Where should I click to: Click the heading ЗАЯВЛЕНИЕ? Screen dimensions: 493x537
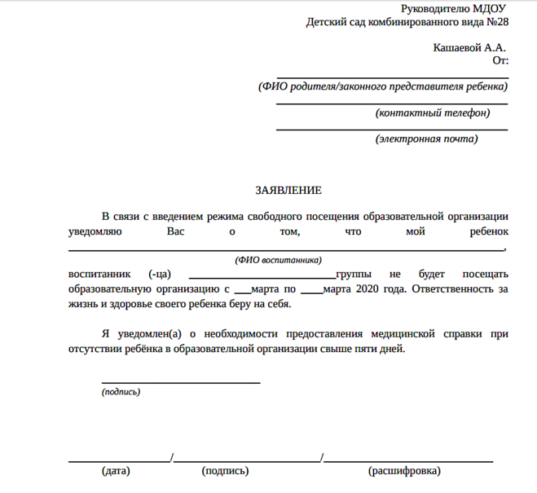tap(288, 190)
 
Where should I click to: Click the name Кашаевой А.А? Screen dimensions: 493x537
tap(469, 48)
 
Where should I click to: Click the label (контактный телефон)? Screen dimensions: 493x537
tap(433, 112)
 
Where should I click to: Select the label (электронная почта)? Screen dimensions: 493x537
tap(427, 139)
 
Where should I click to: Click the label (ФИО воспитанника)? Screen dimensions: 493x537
tap(278, 260)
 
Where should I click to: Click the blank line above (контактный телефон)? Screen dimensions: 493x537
tap(392, 103)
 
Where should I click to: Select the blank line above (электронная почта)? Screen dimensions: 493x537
tap(392, 130)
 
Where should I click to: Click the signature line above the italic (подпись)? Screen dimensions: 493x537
tap(180, 382)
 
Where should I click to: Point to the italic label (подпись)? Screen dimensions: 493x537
tap(121, 392)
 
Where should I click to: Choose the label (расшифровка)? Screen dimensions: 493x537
tap(405, 471)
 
